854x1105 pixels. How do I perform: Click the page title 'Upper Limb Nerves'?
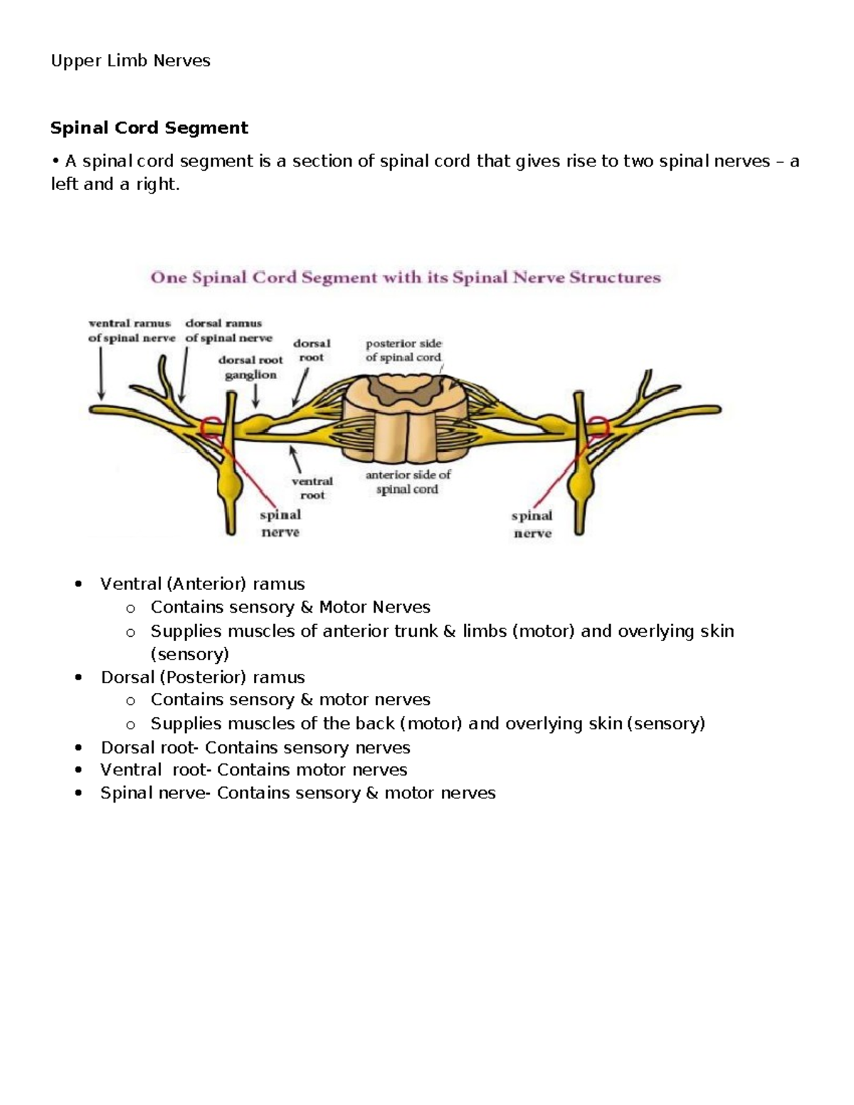[x=130, y=61]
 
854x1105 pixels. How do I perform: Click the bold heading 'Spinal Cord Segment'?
[x=149, y=128]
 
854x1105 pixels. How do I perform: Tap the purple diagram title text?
[x=405, y=277]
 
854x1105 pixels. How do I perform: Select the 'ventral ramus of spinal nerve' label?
[x=131, y=331]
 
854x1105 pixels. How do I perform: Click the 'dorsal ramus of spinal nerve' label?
[x=228, y=331]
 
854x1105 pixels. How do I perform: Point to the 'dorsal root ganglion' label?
[x=251, y=367]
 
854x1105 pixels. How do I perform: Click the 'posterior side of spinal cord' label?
[x=404, y=351]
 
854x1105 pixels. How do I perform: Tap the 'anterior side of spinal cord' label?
[x=408, y=482]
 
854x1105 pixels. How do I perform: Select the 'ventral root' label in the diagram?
[x=312, y=488]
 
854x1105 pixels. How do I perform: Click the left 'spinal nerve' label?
[x=280, y=523]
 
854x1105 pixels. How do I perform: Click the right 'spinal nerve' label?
[x=532, y=524]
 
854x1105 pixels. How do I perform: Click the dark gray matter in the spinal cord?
[x=404, y=384]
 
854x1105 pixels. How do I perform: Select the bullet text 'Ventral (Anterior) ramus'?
[x=202, y=584]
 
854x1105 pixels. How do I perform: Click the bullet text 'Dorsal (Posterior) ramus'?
[x=202, y=677]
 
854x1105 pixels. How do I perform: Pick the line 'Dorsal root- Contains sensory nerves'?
[x=255, y=747]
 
